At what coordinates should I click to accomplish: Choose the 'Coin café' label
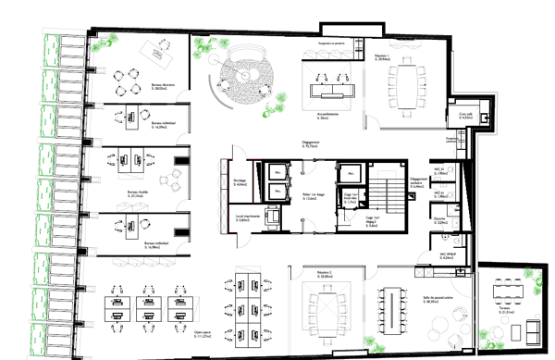coord(466,116)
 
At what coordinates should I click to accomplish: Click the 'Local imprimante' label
coord(249,218)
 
